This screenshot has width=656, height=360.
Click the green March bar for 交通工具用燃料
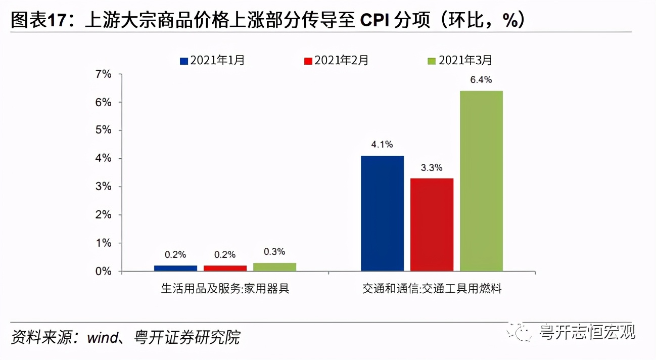tap(481, 181)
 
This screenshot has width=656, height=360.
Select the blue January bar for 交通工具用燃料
tap(382, 213)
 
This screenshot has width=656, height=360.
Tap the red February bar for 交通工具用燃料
tap(432, 224)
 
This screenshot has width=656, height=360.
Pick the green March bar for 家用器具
tap(274, 267)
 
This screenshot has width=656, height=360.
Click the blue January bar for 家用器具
tap(175, 268)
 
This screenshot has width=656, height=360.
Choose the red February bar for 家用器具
tap(225, 268)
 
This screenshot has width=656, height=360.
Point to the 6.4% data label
tap(481, 79)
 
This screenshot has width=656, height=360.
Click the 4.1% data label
tap(382, 145)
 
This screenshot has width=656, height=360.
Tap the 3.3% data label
tap(432, 167)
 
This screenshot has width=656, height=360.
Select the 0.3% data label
tap(274, 251)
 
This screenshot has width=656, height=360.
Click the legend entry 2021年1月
tap(212, 61)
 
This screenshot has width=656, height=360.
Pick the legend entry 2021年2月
tap(336, 61)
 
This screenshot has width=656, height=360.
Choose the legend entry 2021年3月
tap(459, 61)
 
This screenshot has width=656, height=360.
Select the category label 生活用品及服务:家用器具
tap(225, 289)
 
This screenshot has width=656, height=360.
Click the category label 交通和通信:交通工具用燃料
tap(432, 289)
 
